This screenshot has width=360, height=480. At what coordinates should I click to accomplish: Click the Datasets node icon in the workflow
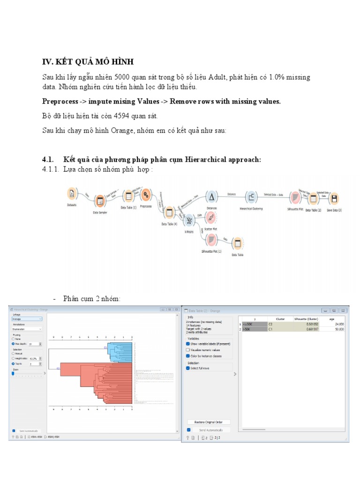coord(72,193)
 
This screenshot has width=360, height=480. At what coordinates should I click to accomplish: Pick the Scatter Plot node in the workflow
coord(211,218)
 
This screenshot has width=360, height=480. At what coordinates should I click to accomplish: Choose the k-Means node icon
coord(189,220)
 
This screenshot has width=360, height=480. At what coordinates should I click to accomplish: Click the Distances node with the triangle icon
coord(211,197)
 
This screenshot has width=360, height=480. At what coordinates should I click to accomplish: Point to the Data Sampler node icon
coord(100,202)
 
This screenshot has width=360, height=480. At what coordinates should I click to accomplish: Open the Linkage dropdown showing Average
coord(27,319)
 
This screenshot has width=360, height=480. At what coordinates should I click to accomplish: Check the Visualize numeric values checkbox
coord(188,350)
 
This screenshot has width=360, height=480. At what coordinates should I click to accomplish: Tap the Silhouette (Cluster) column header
coord(306,319)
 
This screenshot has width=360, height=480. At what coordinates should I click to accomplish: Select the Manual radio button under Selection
coord(14,353)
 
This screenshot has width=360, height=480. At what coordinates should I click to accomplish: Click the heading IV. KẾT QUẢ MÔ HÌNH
coord(88,62)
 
